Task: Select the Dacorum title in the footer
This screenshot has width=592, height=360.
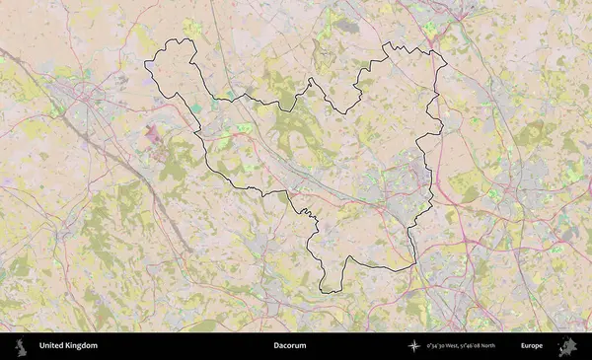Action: pos(290,346)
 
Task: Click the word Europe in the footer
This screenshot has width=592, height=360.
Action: pos(532,346)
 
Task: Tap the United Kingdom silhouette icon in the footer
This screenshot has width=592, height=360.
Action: pos(20,346)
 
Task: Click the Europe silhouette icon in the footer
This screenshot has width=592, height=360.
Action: pos(567,346)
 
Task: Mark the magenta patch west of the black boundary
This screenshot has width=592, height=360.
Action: pos(153,131)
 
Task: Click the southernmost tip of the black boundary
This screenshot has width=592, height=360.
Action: pos(326,292)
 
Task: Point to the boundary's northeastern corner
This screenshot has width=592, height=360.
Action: pos(445,64)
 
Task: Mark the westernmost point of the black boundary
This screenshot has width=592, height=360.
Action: pos(145,64)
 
